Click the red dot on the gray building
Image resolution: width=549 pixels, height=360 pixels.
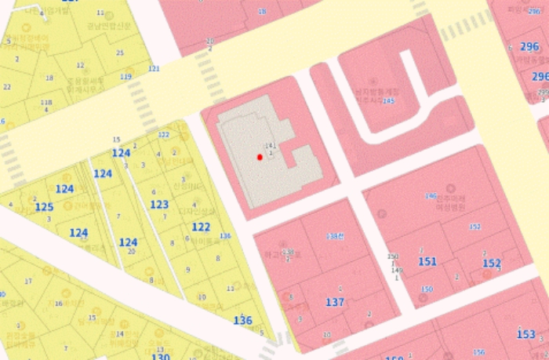pos(260,158)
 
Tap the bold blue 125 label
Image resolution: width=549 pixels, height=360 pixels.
pos(44,206)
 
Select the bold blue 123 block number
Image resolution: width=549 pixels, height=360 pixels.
pos(159,205)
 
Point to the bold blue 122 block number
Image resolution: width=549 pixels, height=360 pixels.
pos(201,227)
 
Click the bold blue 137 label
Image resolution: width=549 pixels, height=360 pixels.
pos(335,302)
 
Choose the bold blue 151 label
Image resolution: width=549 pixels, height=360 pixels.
pos(427,261)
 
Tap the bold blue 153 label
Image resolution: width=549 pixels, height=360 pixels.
pos(526,334)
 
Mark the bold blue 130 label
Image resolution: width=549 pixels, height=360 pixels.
pos(160,357)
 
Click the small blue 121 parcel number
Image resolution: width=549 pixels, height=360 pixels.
pos(154,69)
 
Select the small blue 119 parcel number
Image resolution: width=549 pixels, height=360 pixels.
pos(125,77)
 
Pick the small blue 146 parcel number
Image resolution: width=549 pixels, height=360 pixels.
pos(430,195)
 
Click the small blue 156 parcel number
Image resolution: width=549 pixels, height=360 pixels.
pos(479,352)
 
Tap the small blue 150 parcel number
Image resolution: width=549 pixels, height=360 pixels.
pos(427,289)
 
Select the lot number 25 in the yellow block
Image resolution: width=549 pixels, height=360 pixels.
pos(120,53)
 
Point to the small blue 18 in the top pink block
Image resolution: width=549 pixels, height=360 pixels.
pos(262,12)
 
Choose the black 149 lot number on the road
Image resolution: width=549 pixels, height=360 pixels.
pos(396,270)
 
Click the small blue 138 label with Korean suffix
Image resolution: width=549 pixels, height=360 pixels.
pos(336,235)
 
